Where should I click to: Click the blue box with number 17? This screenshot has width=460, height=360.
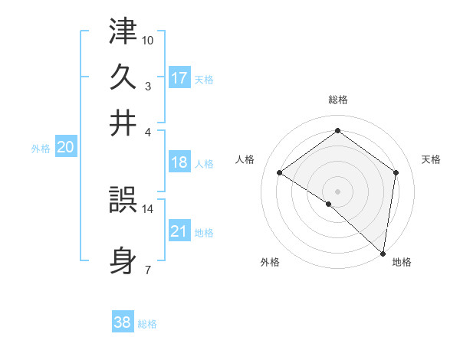tap(179, 78)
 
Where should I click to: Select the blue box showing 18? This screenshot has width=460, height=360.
tap(179, 162)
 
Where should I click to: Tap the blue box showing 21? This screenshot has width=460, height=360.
tap(179, 231)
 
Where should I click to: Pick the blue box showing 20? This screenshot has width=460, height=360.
tap(65, 148)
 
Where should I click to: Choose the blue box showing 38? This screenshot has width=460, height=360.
tap(123, 323)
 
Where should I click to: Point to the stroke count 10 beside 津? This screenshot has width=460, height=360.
tap(148, 39)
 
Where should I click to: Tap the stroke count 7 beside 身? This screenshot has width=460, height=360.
tap(147, 270)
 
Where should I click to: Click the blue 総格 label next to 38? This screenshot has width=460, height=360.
tap(147, 324)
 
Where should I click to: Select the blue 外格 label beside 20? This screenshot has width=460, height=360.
tap(40, 149)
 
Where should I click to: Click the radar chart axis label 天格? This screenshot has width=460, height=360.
tap(432, 159)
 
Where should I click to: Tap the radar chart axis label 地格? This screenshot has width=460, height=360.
tap(402, 263)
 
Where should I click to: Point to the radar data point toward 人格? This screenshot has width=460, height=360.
tap(280, 173)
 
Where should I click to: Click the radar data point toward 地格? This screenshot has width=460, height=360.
tap(382, 252)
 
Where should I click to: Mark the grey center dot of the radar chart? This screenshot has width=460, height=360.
tap(337, 191)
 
